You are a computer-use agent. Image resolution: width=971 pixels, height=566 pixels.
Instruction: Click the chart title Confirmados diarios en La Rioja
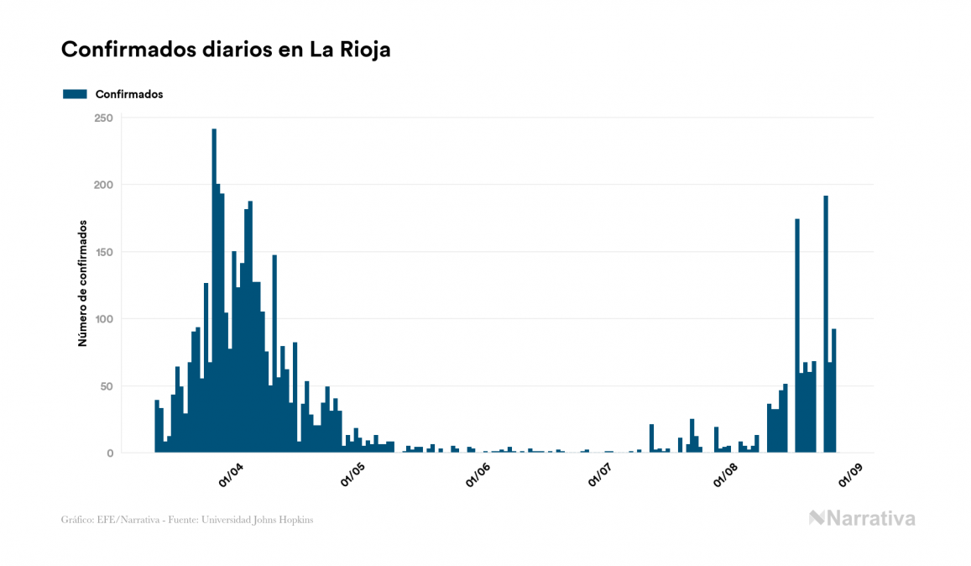(x=226, y=50)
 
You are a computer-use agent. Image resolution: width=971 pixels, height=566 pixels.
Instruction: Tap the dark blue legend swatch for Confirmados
(x=76, y=94)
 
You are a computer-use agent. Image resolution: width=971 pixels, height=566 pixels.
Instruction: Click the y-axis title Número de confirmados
(x=82, y=283)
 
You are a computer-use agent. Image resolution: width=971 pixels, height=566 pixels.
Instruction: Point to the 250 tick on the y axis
(x=103, y=118)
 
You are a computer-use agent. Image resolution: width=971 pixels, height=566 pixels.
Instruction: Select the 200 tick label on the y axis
(x=103, y=185)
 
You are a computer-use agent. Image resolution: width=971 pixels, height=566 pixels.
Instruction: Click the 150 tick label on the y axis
(x=103, y=252)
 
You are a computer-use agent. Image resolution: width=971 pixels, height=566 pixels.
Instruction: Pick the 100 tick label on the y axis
(x=103, y=319)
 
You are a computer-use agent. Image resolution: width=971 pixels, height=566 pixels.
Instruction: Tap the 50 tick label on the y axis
(x=107, y=386)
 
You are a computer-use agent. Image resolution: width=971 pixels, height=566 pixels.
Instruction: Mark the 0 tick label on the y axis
(x=109, y=453)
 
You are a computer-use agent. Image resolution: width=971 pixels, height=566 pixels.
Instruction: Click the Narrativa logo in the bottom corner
(x=862, y=518)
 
